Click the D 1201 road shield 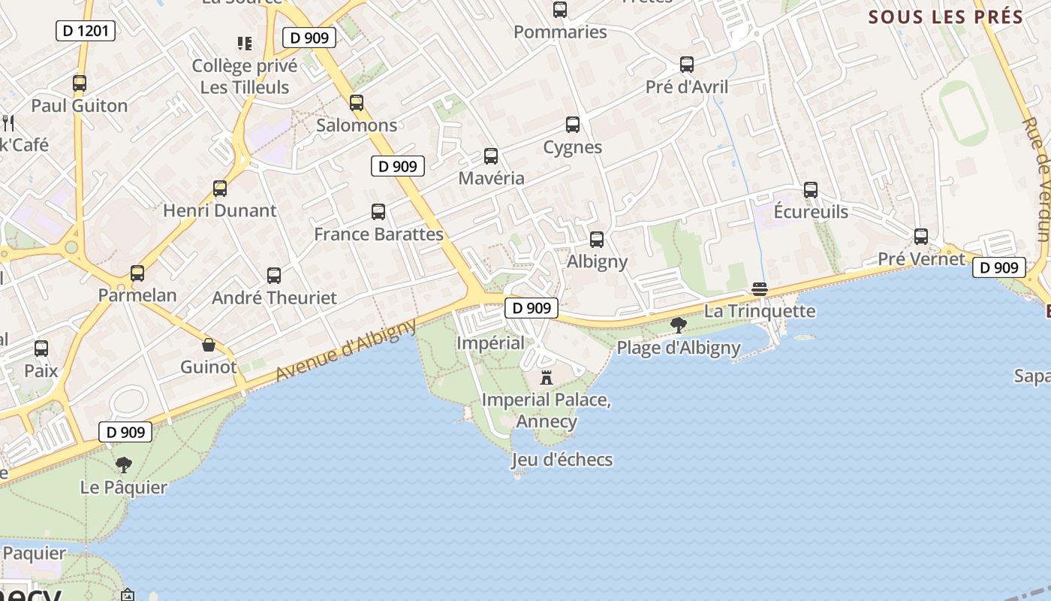click(x=86, y=31)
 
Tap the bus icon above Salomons click(x=357, y=103)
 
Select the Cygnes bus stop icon click(x=573, y=125)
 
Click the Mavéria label click(x=491, y=179)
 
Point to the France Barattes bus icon click(x=378, y=213)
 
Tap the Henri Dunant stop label click(x=220, y=210)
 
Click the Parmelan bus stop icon click(x=137, y=273)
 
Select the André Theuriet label click(x=274, y=297)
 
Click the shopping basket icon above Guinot click(x=209, y=346)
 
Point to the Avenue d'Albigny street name click(x=345, y=350)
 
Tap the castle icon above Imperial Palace click(x=547, y=377)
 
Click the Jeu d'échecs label click(x=562, y=460)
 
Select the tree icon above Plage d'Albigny click(x=679, y=325)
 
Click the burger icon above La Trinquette click(x=760, y=290)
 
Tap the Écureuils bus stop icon click(x=811, y=190)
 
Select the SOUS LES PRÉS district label click(x=946, y=17)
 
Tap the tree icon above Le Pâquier click(x=124, y=465)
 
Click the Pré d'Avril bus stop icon click(x=687, y=65)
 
